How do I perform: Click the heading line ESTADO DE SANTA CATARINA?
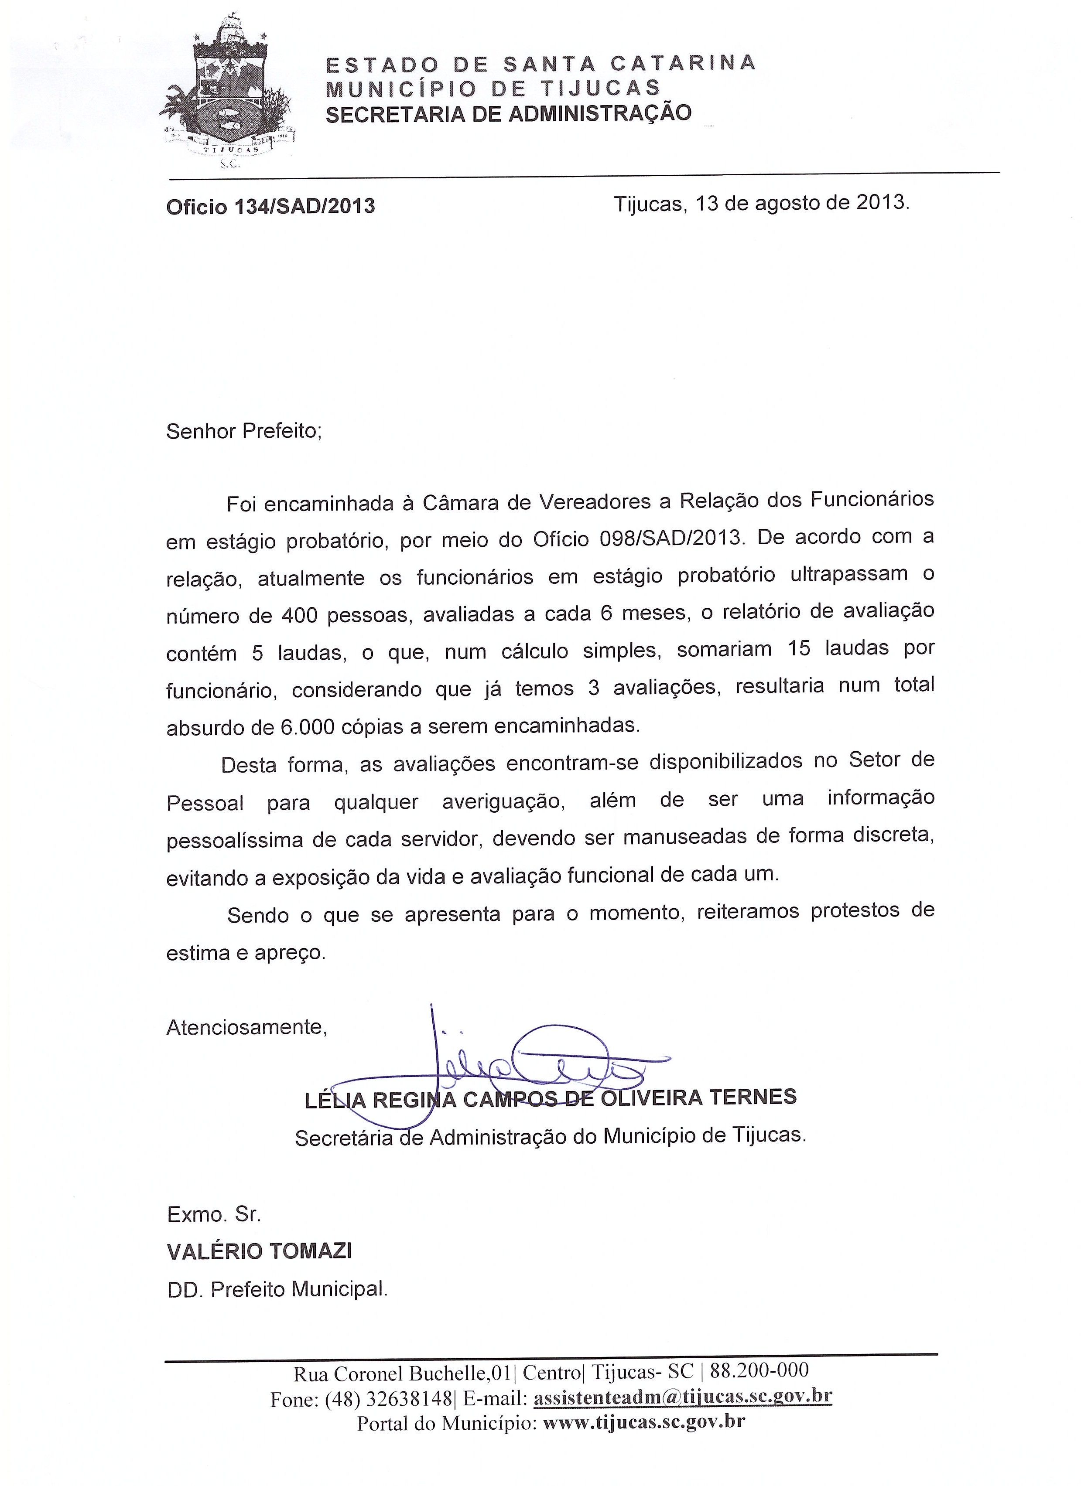[541, 64]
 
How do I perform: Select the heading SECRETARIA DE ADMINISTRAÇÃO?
[508, 113]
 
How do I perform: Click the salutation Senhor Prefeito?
[244, 431]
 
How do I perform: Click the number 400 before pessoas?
[301, 615]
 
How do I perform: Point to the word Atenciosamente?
[246, 1027]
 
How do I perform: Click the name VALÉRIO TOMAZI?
[259, 1251]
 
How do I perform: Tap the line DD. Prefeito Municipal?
[277, 1289]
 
